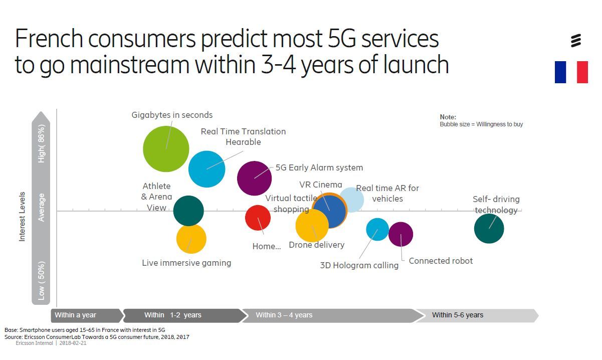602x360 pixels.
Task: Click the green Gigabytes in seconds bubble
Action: click(x=166, y=149)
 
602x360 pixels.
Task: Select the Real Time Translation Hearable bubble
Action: click(x=207, y=169)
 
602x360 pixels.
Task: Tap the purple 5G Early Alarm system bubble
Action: click(x=254, y=178)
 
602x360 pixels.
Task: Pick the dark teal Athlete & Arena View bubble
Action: click(x=188, y=211)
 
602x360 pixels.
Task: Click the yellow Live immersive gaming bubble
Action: click(x=191, y=239)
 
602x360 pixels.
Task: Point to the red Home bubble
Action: click(x=258, y=218)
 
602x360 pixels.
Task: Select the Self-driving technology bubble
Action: click(x=489, y=229)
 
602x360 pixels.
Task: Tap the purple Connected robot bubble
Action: click(x=400, y=234)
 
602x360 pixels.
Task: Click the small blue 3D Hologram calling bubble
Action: click(x=377, y=230)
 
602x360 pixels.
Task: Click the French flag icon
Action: click(x=571, y=72)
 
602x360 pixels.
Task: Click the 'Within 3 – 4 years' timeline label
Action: click(x=284, y=315)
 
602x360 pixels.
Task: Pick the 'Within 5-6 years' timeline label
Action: click(x=457, y=315)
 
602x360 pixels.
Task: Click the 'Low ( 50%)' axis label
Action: click(x=42, y=281)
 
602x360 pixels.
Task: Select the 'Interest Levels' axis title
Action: click(x=22, y=216)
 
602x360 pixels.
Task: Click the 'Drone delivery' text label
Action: click(x=316, y=245)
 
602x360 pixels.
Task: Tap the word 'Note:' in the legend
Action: click(x=448, y=117)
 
